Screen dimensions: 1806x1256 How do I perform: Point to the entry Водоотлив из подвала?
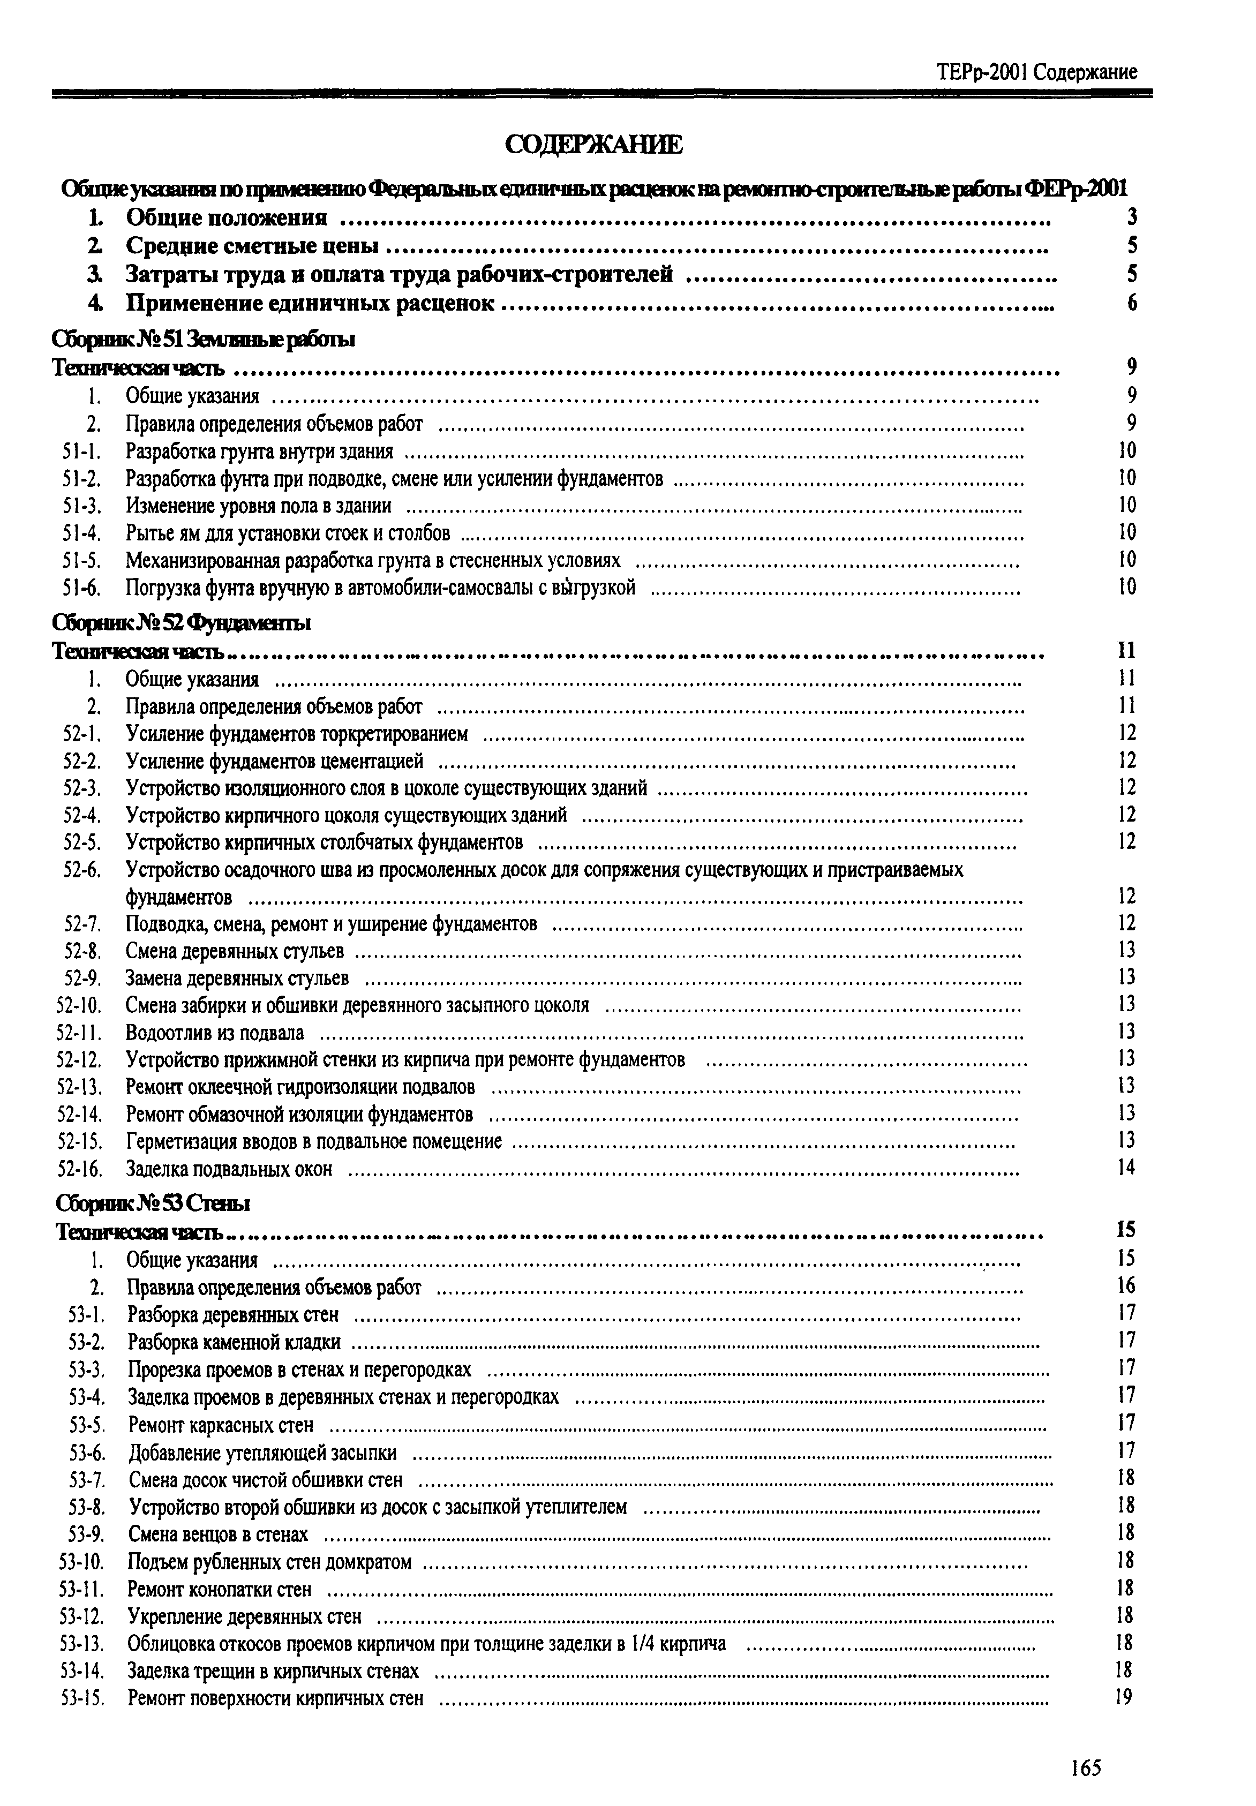(215, 1033)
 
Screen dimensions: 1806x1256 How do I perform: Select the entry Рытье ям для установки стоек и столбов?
(288, 534)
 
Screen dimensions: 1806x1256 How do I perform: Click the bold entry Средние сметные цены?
(252, 246)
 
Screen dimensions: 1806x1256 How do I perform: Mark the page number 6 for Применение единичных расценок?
(1132, 303)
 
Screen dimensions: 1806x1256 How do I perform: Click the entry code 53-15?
(82, 1698)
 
